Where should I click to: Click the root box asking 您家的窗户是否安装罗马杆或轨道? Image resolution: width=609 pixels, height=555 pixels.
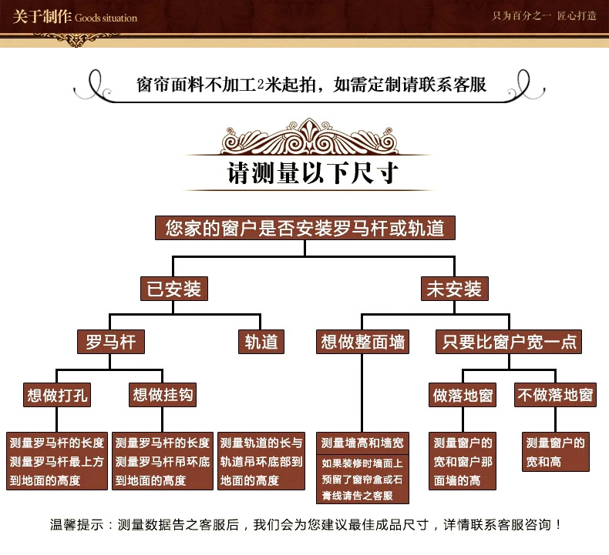pyautogui.click(x=305, y=228)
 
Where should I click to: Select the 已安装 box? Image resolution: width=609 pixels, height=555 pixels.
pyautogui.click(x=174, y=289)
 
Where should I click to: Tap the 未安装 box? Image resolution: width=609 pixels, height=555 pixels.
pyautogui.click(x=454, y=289)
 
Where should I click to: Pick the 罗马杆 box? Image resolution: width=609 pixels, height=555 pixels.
pyautogui.click(x=111, y=342)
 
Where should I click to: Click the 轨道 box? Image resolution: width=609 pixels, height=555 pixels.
pyautogui.click(x=261, y=342)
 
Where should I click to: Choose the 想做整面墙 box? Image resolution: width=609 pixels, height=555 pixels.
pyautogui.click(x=362, y=342)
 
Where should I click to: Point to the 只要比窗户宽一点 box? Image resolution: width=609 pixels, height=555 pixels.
pyautogui.click(x=509, y=342)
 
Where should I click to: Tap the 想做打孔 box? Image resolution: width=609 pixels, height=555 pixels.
pyautogui.click(x=57, y=395)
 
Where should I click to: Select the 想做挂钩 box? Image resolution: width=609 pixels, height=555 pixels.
pyautogui.click(x=163, y=395)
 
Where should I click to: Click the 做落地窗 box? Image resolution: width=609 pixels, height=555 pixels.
pyautogui.click(x=463, y=395)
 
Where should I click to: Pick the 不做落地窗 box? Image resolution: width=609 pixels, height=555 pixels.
pyautogui.click(x=555, y=395)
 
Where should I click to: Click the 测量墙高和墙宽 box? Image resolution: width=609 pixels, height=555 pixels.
pyautogui.click(x=362, y=443)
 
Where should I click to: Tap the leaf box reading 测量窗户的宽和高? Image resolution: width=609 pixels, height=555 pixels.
pyautogui.click(x=555, y=452)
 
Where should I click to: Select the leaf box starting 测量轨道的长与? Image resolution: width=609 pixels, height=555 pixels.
pyautogui.click(x=261, y=461)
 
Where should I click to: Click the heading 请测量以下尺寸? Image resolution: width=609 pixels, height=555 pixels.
pyautogui.click(x=313, y=173)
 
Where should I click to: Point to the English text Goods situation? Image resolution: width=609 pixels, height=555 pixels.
pyautogui.click(x=106, y=18)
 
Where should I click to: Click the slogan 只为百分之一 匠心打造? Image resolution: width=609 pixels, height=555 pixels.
pyautogui.click(x=544, y=16)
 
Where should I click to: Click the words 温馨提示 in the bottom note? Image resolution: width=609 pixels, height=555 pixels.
pyautogui.click(x=77, y=525)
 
